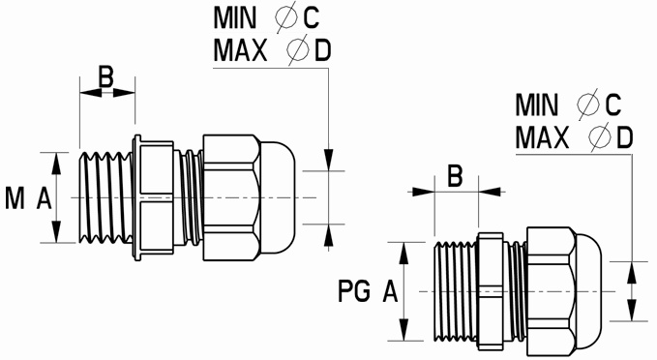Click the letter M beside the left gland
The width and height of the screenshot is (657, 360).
15,198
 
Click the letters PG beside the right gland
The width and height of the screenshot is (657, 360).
354,291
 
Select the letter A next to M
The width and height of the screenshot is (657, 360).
44,198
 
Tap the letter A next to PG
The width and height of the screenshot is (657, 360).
390,291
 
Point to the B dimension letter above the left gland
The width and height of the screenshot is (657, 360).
105,76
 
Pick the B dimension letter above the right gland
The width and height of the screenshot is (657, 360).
455,176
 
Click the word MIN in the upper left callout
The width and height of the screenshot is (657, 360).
234,17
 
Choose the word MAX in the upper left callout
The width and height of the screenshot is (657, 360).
240,50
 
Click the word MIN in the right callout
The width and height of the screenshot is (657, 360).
537,105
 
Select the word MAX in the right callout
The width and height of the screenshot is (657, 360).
542,137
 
